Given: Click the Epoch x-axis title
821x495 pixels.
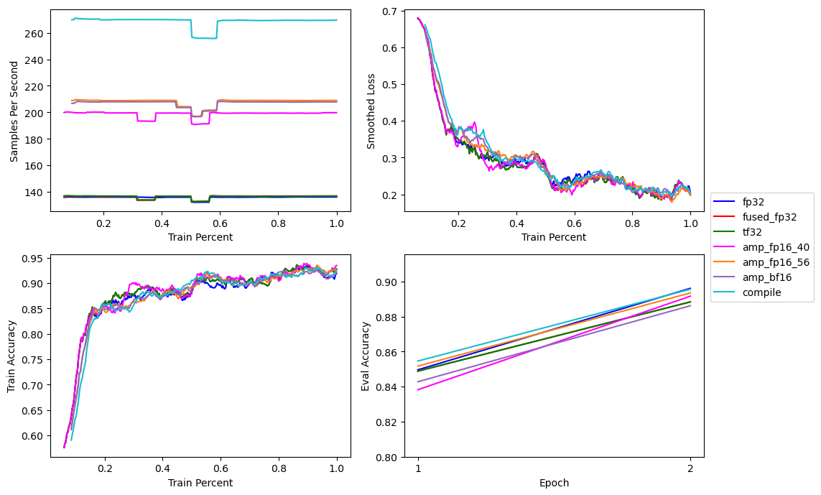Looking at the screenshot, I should (554, 483).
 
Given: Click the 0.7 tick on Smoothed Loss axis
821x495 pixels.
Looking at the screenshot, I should (390, 11).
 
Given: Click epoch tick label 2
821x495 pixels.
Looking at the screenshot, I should (690, 468).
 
